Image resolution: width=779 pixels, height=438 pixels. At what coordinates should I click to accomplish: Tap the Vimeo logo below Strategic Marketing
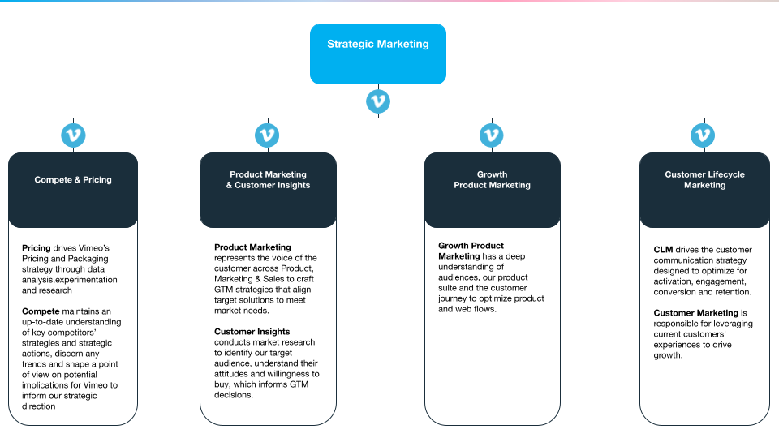click(378, 101)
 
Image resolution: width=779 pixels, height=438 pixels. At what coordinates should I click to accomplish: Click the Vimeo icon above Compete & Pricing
click(73, 135)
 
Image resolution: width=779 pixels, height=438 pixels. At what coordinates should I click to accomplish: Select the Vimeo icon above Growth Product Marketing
click(492, 135)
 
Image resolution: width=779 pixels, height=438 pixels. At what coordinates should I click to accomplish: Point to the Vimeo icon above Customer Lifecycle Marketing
click(703, 135)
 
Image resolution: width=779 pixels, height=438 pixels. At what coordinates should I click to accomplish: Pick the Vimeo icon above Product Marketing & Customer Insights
click(267, 135)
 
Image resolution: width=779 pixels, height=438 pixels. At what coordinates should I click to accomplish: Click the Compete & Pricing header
click(73, 180)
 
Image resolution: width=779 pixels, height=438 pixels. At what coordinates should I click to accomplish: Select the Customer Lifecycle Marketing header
click(704, 180)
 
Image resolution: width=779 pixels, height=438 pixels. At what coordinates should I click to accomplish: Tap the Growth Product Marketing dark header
click(492, 180)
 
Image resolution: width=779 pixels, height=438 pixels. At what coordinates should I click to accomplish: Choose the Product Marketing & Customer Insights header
click(268, 180)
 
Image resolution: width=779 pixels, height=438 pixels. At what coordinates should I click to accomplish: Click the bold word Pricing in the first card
click(36, 248)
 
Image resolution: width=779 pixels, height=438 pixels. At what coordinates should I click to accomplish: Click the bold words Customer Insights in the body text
click(252, 332)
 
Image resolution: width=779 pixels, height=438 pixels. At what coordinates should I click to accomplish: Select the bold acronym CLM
click(663, 250)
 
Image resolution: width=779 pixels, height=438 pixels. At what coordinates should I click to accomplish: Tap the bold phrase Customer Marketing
click(695, 313)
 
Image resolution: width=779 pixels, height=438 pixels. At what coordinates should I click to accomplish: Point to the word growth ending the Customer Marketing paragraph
click(668, 355)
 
